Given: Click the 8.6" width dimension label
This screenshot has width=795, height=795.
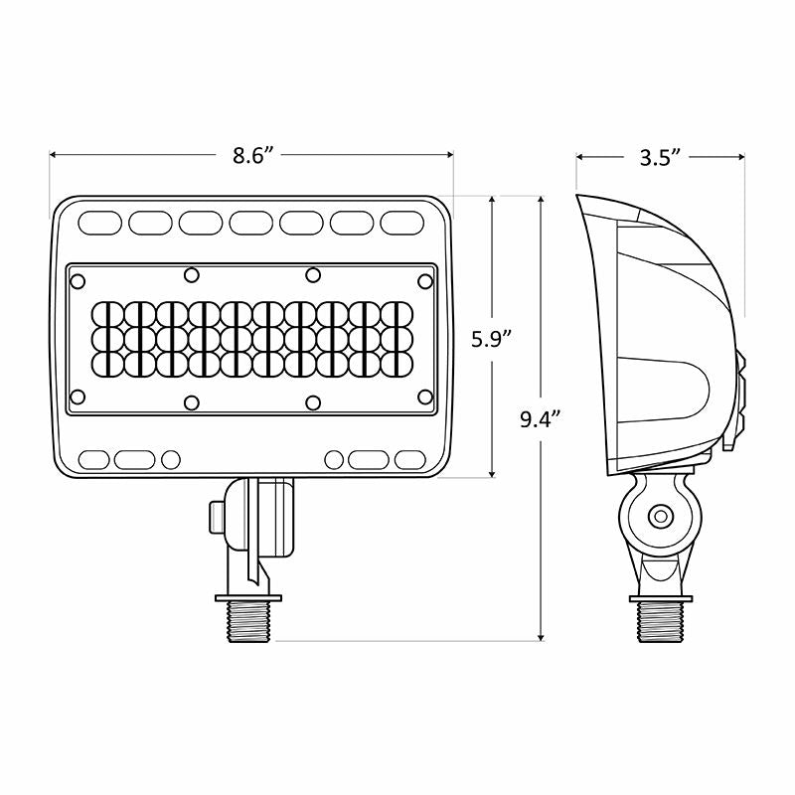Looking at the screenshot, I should click(252, 155).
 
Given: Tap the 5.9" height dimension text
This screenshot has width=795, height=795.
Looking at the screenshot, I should click(491, 338).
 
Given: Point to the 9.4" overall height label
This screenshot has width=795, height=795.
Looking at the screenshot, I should click(541, 418).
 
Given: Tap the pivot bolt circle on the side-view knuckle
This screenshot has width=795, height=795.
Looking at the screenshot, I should click(658, 516).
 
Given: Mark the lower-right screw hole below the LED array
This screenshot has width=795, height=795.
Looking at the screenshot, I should click(312, 401).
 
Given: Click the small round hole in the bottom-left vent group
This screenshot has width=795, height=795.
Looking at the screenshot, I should click(171, 460).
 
